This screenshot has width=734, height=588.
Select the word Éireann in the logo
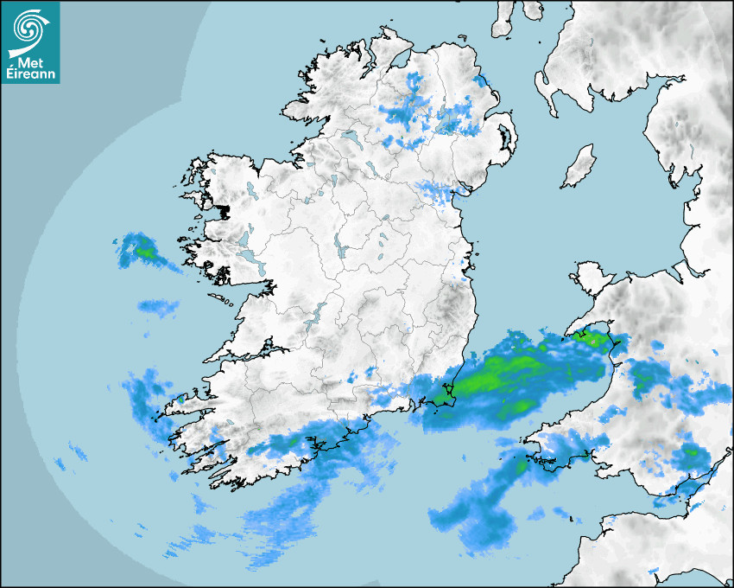point(31,73)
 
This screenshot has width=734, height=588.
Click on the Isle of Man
point(579,167)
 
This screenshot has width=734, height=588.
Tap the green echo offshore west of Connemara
point(144,252)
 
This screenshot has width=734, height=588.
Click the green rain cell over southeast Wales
point(691,451)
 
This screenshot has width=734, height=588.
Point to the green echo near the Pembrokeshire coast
point(522,465)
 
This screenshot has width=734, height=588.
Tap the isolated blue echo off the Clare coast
point(157,305)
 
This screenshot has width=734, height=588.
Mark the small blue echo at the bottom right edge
point(653,572)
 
